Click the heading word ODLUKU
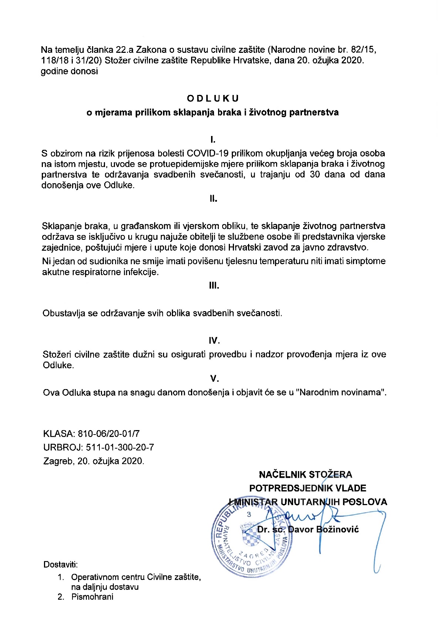[x=213, y=98]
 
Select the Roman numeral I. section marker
[x=213, y=140]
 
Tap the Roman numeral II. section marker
[x=213, y=199]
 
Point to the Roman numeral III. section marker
[x=214, y=286]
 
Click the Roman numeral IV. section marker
[x=214, y=340]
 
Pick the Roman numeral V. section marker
[x=214, y=378]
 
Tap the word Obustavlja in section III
[x=64, y=313]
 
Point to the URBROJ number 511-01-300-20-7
[x=120, y=447]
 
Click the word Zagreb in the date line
[x=59, y=461]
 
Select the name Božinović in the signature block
[x=338, y=529]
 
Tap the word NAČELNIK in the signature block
[x=282, y=475]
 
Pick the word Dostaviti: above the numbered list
[x=61, y=565]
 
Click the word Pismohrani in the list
[x=92, y=597]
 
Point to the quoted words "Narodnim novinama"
[x=341, y=392]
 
